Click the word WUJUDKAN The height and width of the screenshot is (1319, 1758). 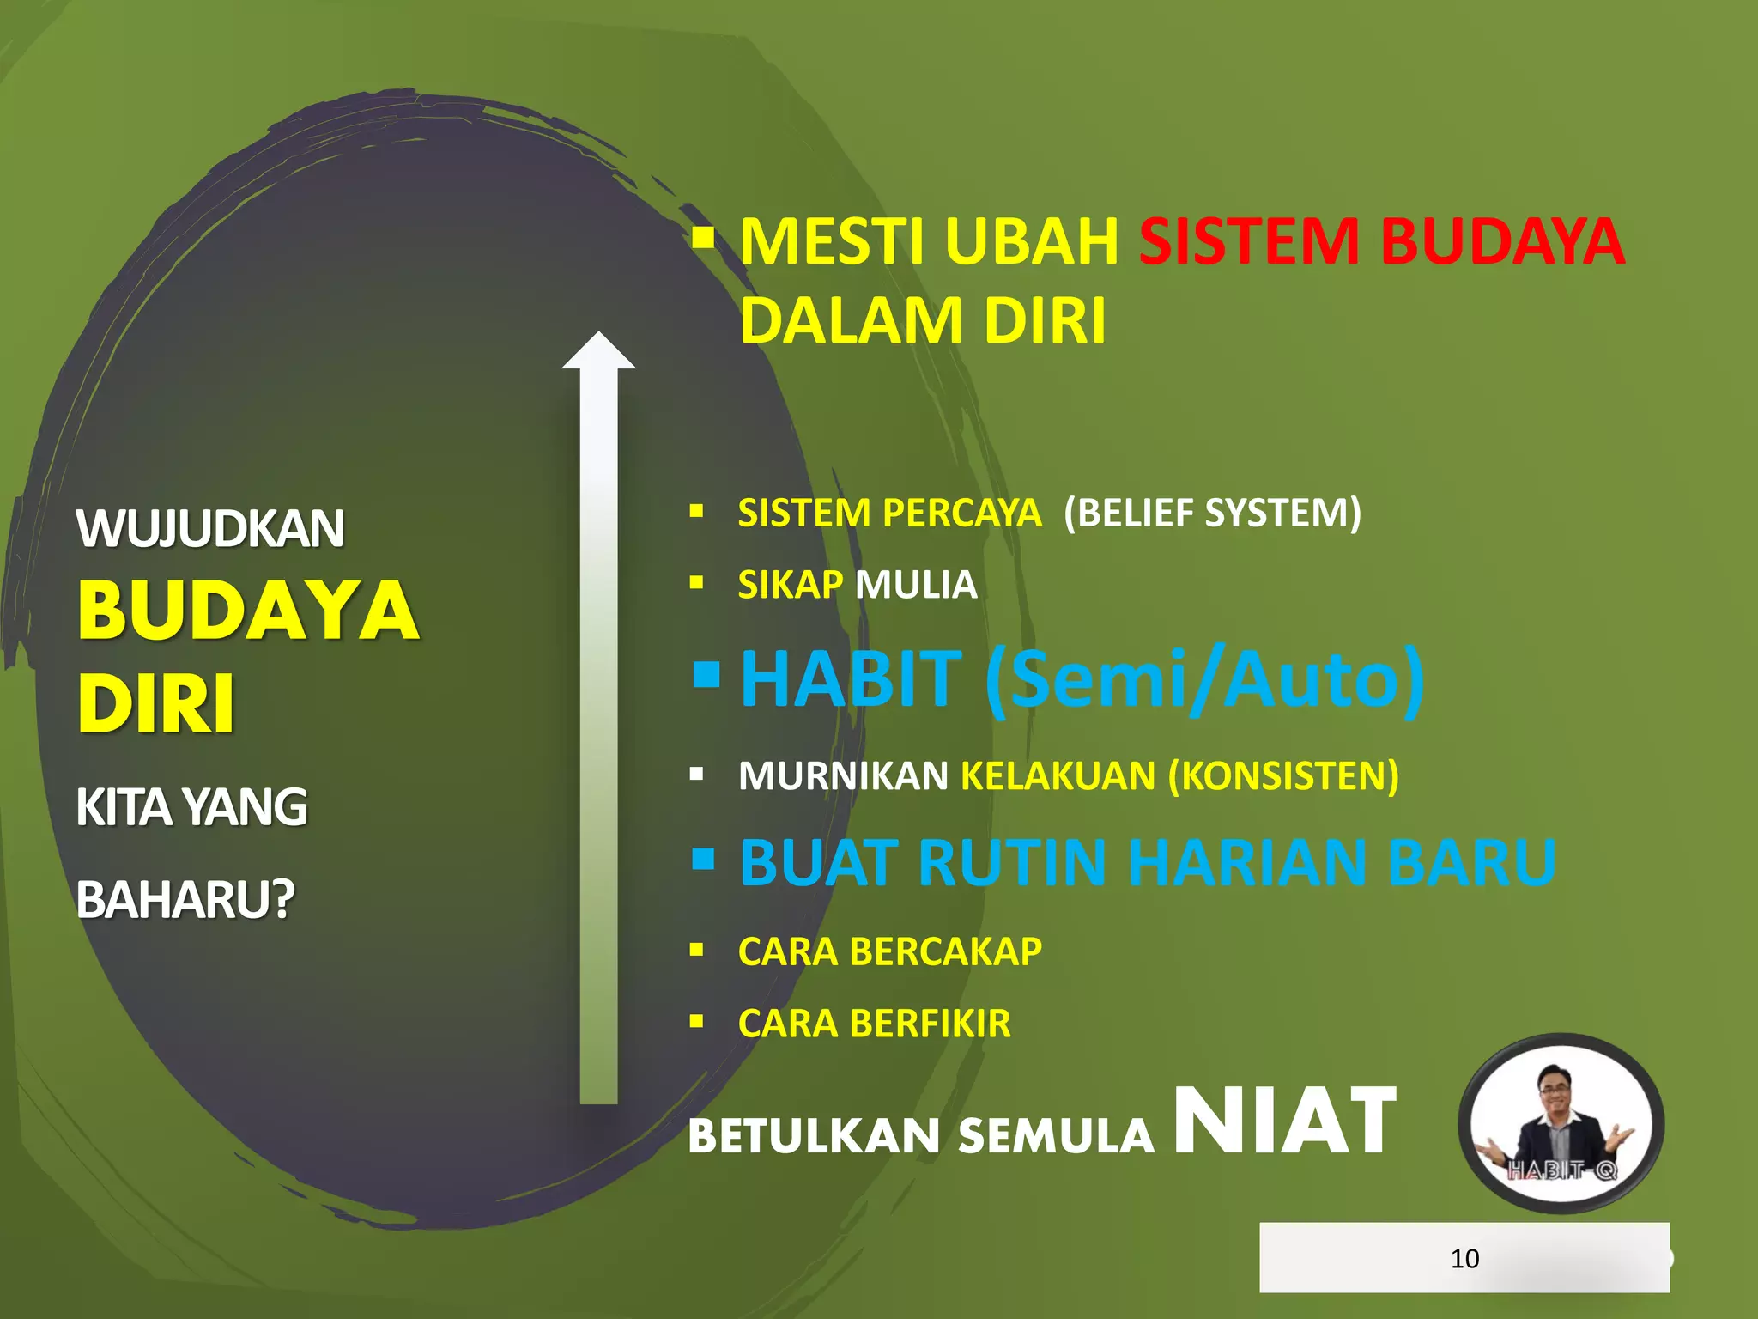click(x=210, y=529)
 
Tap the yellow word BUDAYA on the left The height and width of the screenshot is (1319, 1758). click(x=248, y=611)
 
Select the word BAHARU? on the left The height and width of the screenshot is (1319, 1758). click(x=185, y=900)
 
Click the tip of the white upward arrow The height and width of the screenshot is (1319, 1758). click(x=598, y=337)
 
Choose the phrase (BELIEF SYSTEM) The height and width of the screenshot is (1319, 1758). click(x=1212, y=514)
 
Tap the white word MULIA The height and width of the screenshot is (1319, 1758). click(x=916, y=586)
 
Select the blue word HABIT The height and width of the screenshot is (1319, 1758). click(x=852, y=679)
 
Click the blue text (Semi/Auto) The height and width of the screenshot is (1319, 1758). click(x=1205, y=681)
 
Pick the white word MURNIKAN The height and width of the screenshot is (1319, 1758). click(x=843, y=776)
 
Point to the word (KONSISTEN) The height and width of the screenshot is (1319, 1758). click(x=1283, y=776)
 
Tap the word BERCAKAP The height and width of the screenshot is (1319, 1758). click(x=946, y=952)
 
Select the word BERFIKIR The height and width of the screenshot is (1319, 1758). click(x=931, y=1024)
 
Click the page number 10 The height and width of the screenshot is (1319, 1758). click(x=1464, y=1259)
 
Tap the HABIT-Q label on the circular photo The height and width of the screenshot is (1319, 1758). click(x=1562, y=1170)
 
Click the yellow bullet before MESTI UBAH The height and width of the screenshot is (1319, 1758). click(x=703, y=236)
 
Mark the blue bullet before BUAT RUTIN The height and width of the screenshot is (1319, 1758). click(x=703, y=858)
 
